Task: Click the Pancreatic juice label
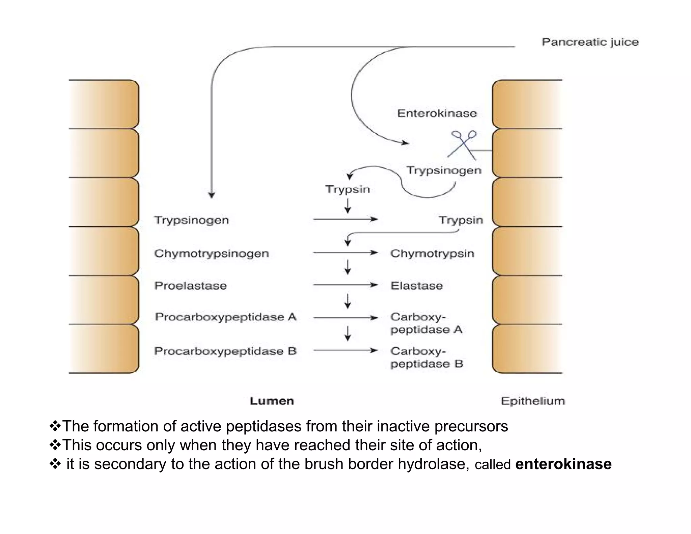coord(590,42)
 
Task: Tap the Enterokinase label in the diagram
coord(437,113)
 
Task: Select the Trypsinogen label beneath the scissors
coord(444,170)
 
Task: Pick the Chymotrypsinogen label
coord(211,253)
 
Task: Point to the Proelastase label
coord(190,286)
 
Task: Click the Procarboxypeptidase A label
coord(225,317)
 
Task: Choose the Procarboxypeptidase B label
coord(225,351)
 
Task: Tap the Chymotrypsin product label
coord(432,253)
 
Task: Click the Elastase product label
coord(417,286)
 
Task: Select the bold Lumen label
coord(272,401)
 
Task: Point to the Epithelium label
coord(533,401)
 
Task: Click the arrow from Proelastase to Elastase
coord(345,285)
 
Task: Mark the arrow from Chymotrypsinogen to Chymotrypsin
coord(345,252)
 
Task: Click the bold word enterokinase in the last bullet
coord(563,464)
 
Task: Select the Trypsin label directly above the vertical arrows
coord(348,189)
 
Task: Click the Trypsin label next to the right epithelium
coord(461,220)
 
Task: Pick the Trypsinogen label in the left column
coord(191,220)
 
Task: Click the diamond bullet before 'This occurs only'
coord(55,445)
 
